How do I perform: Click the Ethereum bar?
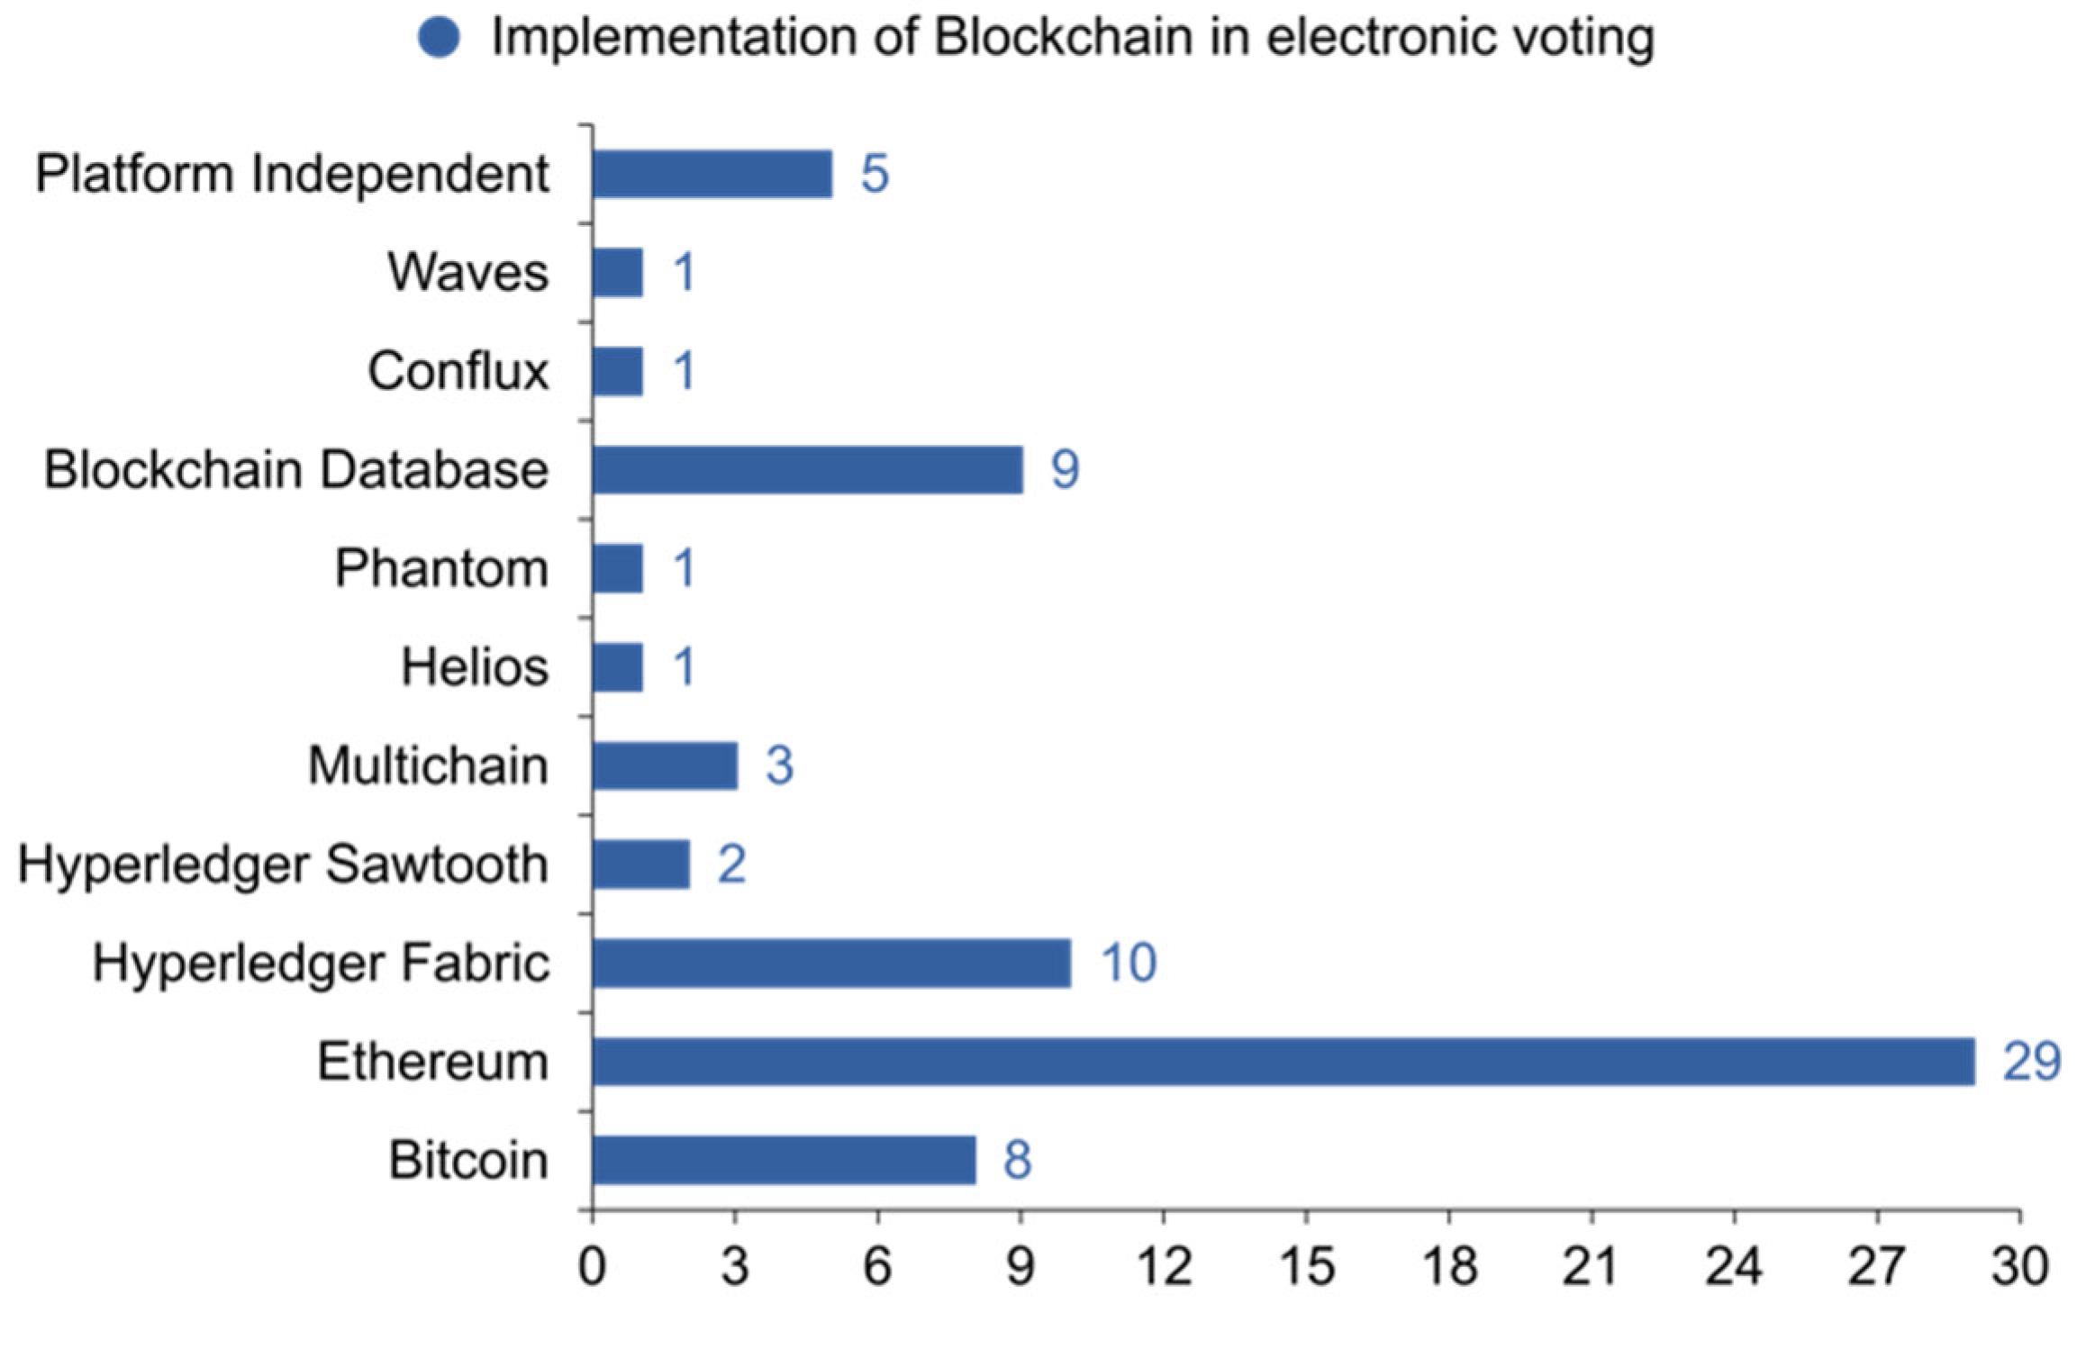click(x=1283, y=1062)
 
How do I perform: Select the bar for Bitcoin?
click(x=784, y=1160)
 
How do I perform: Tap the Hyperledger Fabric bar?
click(x=831, y=963)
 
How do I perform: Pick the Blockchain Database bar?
click(x=807, y=469)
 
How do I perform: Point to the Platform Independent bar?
click(x=712, y=174)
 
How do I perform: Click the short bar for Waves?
click(x=618, y=272)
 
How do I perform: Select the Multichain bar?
click(x=665, y=765)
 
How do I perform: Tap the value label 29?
click(x=2031, y=1062)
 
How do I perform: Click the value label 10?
click(x=1129, y=963)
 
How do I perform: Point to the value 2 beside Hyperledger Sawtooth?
click(x=731, y=865)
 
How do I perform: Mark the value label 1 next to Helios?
click(x=685, y=667)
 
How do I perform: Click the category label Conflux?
click(x=458, y=371)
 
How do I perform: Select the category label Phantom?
click(x=441, y=568)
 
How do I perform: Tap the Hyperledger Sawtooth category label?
click(x=283, y=865)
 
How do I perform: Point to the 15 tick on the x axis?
click(x=1306, y=1267)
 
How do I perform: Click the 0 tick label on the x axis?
click(x=592, y=1267)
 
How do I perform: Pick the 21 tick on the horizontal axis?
click(x=1592, y=1267)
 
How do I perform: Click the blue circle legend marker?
click(x=440, y=38)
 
